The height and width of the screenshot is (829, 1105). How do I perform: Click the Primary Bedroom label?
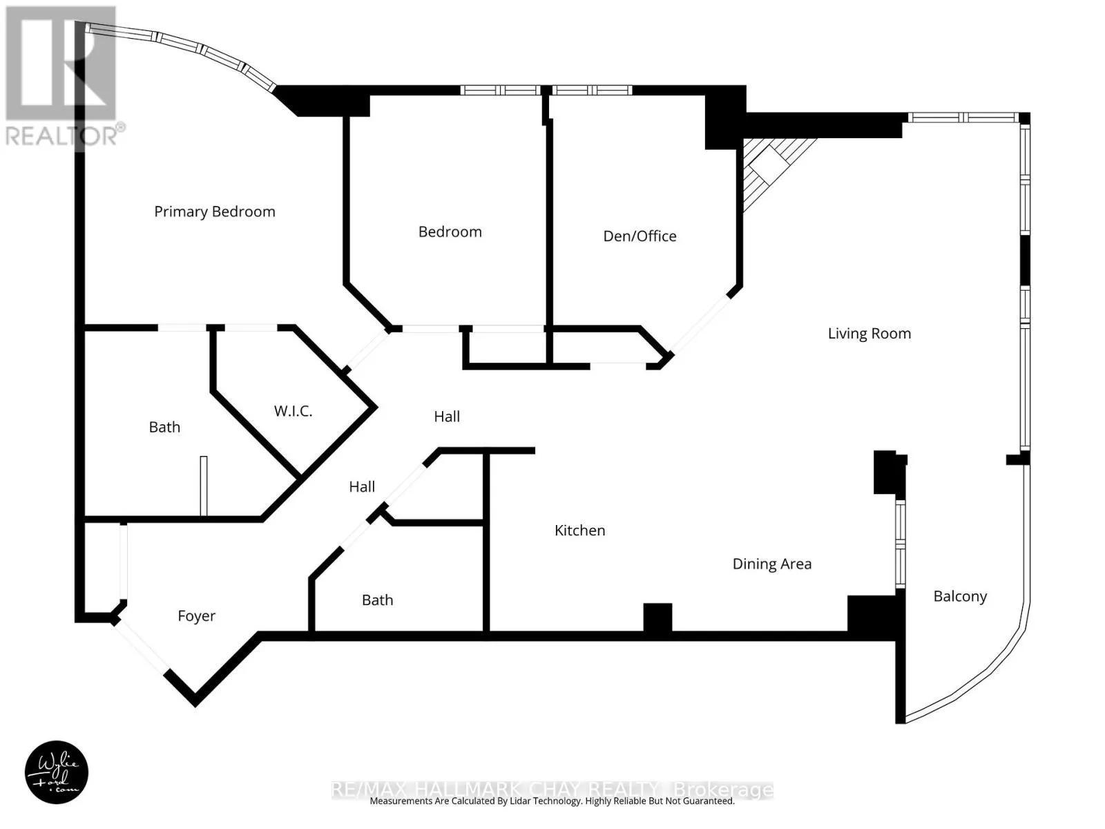(214, 211)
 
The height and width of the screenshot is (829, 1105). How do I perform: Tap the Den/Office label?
(640, 236)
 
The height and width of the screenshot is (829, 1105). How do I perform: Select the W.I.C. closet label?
(293, 411)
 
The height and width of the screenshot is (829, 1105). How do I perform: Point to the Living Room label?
(869, 334)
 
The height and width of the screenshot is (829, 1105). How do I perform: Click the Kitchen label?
(579, 531)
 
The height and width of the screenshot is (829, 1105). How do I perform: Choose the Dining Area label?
(771, 564)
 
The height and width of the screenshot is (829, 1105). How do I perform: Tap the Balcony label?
(960, 596)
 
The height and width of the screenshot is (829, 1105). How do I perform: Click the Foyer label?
(196, 616)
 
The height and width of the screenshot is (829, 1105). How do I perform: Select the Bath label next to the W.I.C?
(164, 427)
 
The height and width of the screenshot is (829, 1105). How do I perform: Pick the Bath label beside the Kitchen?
(377, 600)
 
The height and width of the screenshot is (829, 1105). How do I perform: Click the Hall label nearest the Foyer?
(362, 487)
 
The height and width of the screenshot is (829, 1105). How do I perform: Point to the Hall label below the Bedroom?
(447, 417)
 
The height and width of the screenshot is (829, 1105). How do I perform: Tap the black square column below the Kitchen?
(657, 616)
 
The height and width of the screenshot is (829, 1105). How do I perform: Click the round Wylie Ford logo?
(57, 772)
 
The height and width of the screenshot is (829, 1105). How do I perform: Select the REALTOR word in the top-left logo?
(61, 135)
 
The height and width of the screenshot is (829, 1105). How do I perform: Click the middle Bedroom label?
(450, 232)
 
